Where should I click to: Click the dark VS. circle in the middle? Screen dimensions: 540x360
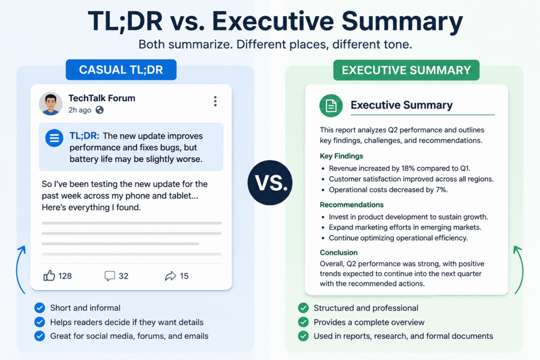coord(270,183)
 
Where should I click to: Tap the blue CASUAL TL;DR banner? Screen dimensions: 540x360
coord(121,70)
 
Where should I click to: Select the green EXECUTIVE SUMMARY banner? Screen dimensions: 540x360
coord(407,70)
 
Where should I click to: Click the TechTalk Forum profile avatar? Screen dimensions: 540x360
coord(51,104)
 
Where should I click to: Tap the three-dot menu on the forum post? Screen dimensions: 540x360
coord(215,101)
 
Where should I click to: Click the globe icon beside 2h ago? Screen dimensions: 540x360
coord(100,110)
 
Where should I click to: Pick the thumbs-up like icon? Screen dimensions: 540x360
coord(49,276)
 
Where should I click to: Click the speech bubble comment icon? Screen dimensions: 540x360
coord(110,276)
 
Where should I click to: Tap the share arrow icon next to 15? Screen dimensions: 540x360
coord(170,276)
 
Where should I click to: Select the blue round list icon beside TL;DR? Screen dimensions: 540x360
coord(54,138)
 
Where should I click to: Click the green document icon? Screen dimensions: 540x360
coord(331,105)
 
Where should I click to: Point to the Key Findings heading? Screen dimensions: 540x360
coord(341,156)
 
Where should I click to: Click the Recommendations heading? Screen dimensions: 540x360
coord(352,205)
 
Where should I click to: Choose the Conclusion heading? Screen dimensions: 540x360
coord(339,252)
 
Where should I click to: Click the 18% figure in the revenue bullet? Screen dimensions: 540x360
coord(408,168)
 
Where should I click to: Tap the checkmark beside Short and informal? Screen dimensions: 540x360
coord(40,308)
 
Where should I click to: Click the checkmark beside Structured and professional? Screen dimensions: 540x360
coord(303,308)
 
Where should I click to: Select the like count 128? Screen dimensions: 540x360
coord(65,276)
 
